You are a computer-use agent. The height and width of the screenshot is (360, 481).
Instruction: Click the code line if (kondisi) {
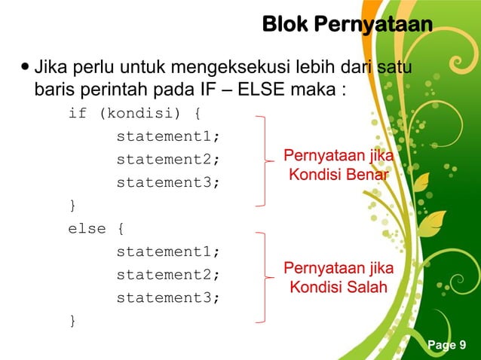point(134,115)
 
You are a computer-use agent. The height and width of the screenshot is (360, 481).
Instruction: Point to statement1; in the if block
point(168,138)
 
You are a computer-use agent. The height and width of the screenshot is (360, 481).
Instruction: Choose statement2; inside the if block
point(168,160)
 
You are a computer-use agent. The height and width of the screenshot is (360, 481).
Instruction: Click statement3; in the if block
point(168,182)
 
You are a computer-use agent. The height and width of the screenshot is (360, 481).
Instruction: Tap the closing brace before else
point(72,205)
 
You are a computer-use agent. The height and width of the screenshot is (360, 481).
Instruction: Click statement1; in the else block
point(168,251)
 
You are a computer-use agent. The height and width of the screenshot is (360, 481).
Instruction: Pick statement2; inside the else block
point(168,274)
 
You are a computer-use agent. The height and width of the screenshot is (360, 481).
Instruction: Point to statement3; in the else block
point(168,297)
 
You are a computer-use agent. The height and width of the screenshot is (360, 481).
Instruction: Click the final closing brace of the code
point(72,321)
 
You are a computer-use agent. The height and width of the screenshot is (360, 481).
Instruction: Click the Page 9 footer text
point(447,345)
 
